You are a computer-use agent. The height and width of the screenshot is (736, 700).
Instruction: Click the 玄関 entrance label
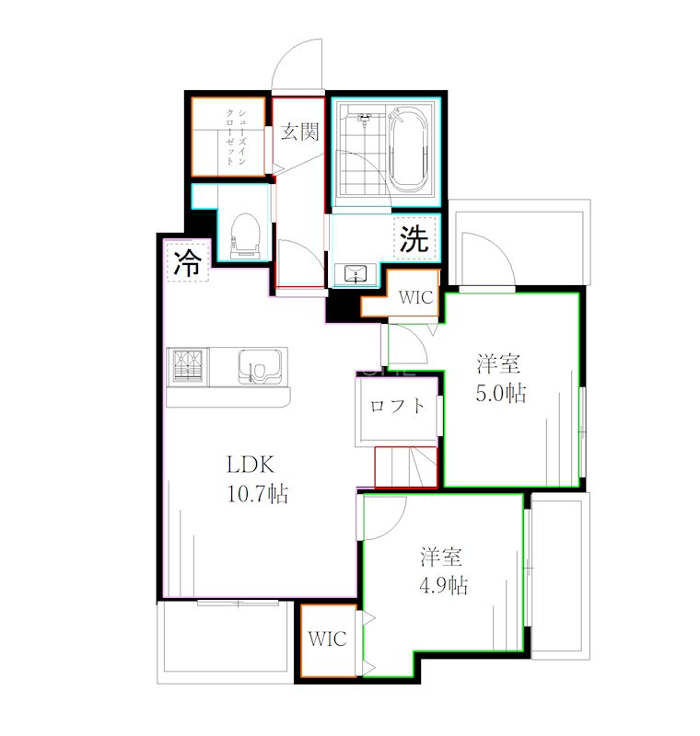tap(299, 132)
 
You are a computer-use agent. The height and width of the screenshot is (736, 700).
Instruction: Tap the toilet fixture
tap(245, 236)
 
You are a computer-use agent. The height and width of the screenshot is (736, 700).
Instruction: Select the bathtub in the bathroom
tap(408, 150)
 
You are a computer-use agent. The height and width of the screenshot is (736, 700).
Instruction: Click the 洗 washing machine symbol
tap(414, 238)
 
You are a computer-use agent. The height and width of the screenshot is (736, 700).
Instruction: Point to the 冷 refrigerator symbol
tap(188, 262)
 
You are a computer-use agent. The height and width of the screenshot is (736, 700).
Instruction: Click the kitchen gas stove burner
tap(188, 366)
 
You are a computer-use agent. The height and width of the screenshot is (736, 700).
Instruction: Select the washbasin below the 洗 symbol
tap(356, 273)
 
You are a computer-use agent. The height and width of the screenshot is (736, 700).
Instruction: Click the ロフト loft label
tap(397, 406)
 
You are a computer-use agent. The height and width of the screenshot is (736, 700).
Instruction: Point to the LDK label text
tap(251, 465)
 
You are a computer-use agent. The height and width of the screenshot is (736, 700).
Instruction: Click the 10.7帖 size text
tap(258, 494)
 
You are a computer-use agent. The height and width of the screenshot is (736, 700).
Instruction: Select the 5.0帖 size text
tap(501, 394)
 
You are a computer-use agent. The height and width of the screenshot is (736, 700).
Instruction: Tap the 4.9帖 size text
tap(444, 586)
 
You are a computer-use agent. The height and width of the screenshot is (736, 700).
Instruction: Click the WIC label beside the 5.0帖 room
tap(415, 297)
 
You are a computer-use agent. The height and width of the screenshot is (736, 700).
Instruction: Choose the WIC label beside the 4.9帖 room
tap(328, 638)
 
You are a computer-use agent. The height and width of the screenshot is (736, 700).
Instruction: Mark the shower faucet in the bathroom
tap(364, 119)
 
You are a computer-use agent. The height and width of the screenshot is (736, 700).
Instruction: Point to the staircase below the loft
tap(406, 467)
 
